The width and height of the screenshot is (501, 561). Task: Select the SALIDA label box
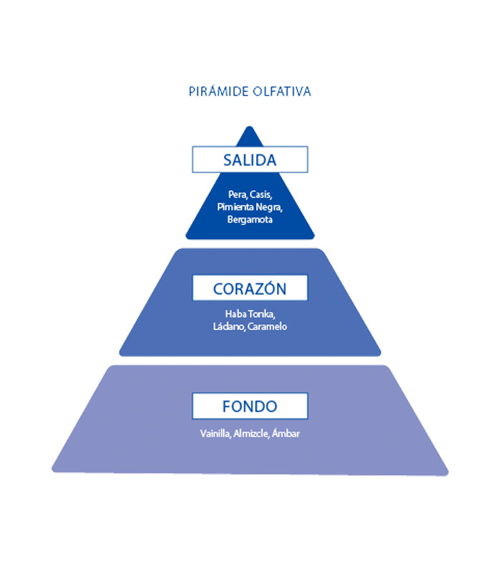coord(250,159)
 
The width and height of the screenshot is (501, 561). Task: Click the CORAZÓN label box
coord(250,288)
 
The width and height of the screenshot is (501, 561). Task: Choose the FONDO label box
coord(250,406)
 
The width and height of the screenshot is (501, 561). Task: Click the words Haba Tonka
coord(250,314)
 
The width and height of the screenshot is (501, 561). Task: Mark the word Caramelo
coord(268,326)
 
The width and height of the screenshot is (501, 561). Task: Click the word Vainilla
coord(215,433)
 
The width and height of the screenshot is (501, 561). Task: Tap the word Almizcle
coord(249,433)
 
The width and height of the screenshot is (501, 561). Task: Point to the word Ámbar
coord(285,433)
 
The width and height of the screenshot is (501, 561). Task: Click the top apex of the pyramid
coord(250,127)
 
